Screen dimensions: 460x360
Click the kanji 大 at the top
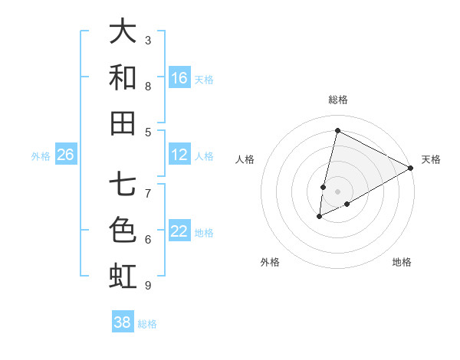123,32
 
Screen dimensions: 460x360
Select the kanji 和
123,77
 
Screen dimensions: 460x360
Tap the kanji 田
123,123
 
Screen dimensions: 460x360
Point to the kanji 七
123,184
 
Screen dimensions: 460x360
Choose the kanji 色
123,230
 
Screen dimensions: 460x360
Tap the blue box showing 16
179,78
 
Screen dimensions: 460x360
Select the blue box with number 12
179,155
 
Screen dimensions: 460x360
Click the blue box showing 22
179,231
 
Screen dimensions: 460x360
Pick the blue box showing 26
65,155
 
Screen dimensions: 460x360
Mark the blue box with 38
123,322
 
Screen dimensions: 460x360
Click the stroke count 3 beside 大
148,40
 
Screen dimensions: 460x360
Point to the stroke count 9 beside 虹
148,286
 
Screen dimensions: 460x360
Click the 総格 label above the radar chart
338,100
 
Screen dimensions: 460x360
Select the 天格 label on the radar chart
431,159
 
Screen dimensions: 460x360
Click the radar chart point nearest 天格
411,168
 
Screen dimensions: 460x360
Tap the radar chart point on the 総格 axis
337,130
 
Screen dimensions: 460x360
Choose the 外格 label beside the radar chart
270,262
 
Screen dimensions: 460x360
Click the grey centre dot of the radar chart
338,191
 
